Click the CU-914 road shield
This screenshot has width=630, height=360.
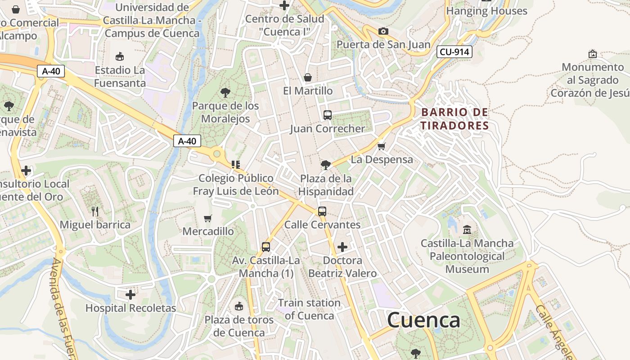pyautogui.click(x=454, y=52)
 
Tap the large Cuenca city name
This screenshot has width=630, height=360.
pyautogui.click(x=423, y=320)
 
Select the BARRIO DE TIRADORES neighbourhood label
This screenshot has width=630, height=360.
pyautogui.click(x=454, y=119)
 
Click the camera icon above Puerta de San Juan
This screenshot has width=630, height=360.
pyautogui.click(x=383, y=31)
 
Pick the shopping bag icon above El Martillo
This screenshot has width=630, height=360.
pyautogui.click(x=308, y=77)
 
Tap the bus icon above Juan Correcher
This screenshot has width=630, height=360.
pyautogui.click(x=328, y=115)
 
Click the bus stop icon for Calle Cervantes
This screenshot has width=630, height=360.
pyautogui.click(x=322, y=211)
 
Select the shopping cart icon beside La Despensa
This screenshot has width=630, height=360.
pyautogui.click(x=382, y=146)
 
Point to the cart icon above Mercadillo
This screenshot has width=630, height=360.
pyautogui.click(x=207, y=218)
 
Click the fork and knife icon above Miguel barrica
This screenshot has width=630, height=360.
pyautogui.click(x=94, y=211)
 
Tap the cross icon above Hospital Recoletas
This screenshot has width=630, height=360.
pyautogui.click(x=130, y=295)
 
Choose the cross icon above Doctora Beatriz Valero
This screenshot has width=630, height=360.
pyautogui.click(x=342, y=247)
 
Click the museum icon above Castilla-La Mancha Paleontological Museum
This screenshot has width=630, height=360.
pyautogui.click(x=467, y=229)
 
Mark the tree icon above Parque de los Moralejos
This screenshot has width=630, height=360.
pyautogui.click(x=225, y=93)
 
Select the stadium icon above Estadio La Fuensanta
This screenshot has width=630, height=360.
pyautogui.click(x=120, y=57)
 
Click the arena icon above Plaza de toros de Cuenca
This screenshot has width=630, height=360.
pyautogui.click(x=239, y=306)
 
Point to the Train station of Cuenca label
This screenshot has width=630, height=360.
pyautogui.click(x=309, y=309)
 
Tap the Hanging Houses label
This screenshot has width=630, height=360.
pyautogui.click(x=486, y=11)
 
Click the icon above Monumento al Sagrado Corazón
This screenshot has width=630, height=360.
pyautogui.click(x=593, y=54)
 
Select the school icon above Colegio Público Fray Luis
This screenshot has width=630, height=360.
pyautogui.click(x=236, y=165)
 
